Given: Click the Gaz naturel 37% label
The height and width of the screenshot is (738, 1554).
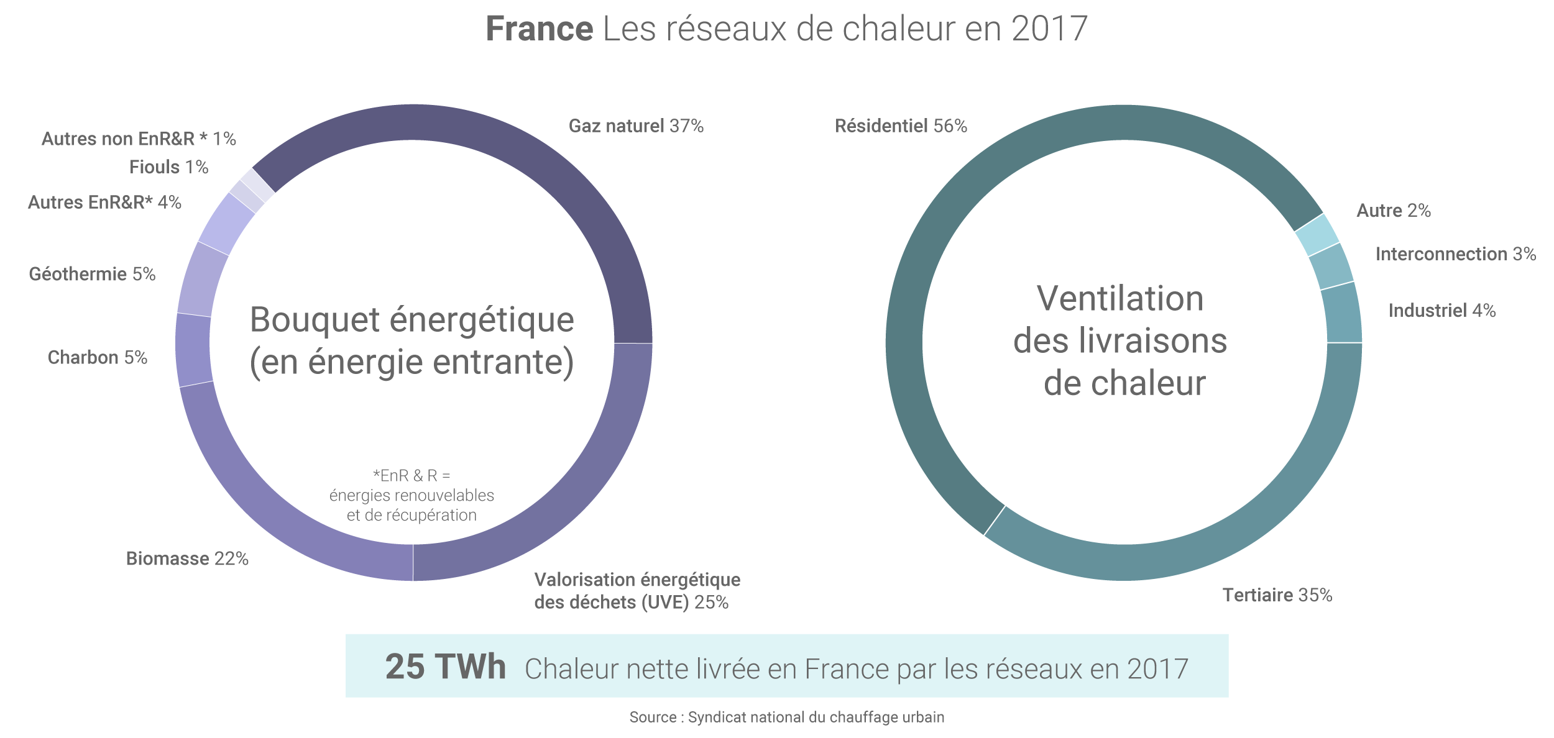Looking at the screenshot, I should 636,126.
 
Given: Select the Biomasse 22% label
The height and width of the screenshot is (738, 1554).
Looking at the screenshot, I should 187,559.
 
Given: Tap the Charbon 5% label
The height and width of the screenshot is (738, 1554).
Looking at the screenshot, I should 98,358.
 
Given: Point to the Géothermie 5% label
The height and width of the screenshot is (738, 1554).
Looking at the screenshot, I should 92,274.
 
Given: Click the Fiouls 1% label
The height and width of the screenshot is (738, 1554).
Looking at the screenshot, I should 168,167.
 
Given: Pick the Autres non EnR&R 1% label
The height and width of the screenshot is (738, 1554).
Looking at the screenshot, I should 139,139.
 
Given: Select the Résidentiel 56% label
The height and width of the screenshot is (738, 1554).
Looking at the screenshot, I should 901,126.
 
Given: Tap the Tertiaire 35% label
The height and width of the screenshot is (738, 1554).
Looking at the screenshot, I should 1277,595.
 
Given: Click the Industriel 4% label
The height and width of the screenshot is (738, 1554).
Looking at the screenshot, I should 1442,311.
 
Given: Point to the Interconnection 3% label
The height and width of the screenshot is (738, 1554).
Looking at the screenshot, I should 1456,254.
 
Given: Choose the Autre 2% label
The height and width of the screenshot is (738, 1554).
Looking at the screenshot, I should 1394,211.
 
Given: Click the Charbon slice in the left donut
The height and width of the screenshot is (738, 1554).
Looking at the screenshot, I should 193,350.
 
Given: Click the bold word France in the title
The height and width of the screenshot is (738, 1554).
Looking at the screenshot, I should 539,29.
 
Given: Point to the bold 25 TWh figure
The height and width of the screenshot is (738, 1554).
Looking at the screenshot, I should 445,667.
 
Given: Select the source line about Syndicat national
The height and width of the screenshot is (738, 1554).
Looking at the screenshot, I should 786,717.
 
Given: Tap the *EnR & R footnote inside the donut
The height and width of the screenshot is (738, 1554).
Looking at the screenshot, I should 411,495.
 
